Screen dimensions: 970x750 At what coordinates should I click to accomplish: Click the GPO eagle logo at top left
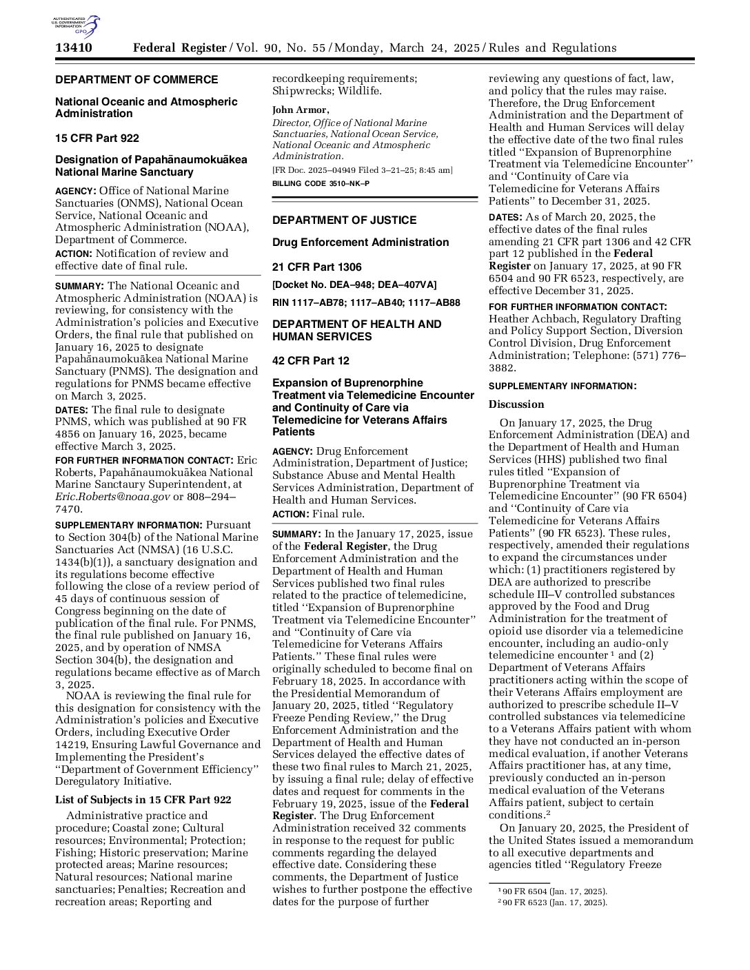76,26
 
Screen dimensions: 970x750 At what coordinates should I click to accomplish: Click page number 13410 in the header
74,48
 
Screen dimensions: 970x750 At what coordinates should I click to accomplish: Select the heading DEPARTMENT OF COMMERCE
136,80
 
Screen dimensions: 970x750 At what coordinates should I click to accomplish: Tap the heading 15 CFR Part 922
97,138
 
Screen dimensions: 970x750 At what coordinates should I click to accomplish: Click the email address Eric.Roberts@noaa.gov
112,497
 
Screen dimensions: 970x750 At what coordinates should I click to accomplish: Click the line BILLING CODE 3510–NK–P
321,183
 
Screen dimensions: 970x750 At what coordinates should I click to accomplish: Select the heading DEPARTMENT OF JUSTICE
344,220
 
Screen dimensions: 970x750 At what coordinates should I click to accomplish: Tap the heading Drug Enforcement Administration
361,242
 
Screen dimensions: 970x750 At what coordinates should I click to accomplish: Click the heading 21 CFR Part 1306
316,267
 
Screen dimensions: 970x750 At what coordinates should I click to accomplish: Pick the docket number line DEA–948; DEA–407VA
354,285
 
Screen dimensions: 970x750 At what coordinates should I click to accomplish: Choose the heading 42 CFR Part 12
311,361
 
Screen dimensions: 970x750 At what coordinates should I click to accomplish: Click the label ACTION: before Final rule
290,514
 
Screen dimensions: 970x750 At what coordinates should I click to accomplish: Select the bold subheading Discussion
516,404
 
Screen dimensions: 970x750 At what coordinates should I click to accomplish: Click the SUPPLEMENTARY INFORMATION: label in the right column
562,386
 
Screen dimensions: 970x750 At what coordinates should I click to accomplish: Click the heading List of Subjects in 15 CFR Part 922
143,800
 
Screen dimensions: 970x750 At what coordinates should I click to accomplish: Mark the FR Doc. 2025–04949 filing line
362,170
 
